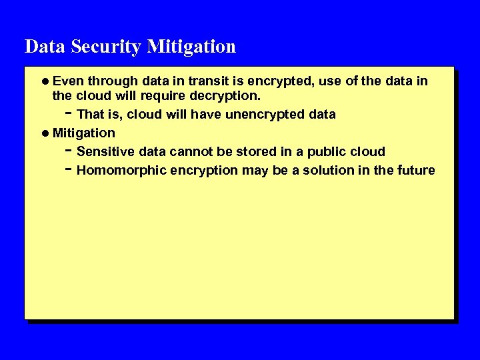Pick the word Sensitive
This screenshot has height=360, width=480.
click(107, 151)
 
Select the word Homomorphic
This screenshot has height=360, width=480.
click(121, 170)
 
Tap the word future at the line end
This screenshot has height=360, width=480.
click(415, 170)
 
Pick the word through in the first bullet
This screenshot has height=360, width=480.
click(111, 81)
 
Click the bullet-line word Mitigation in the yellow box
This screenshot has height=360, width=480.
click(84, 133)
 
